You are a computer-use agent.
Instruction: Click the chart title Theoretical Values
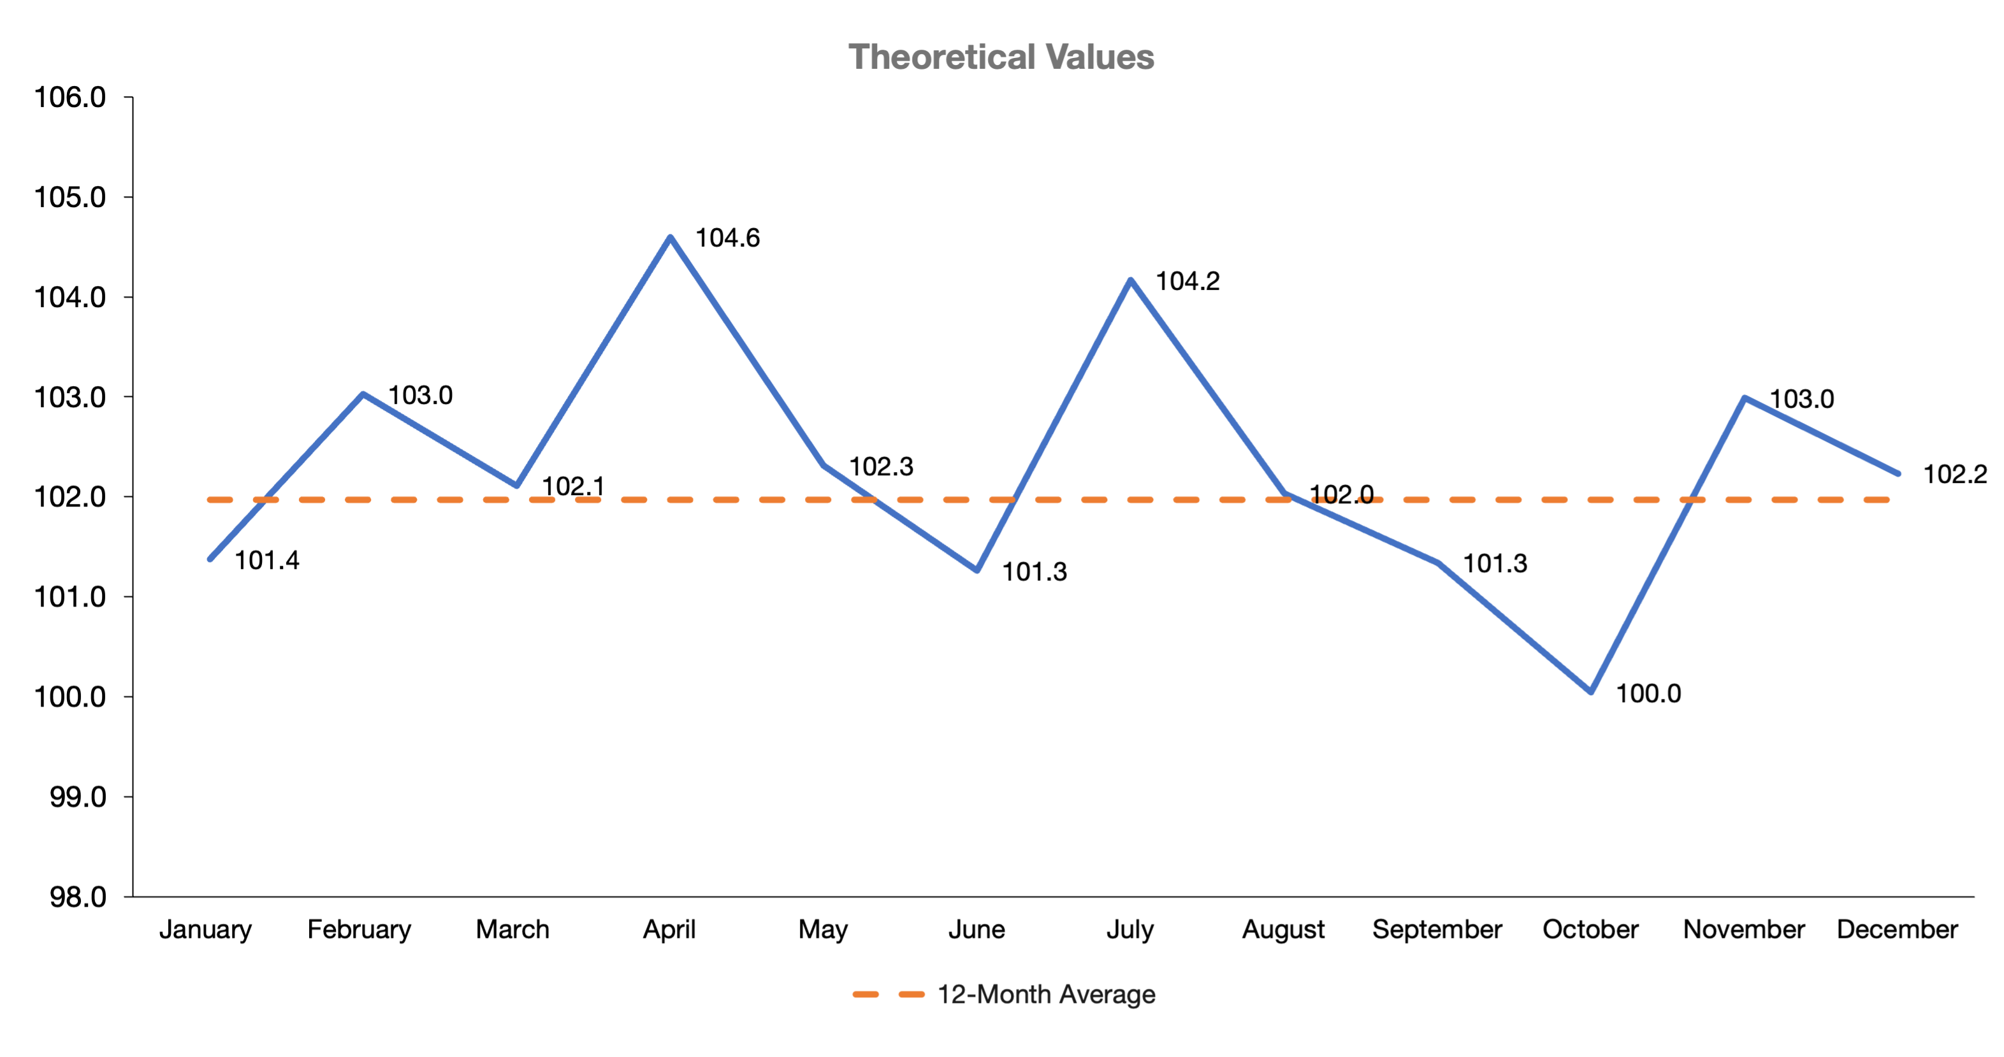pos(1001,57)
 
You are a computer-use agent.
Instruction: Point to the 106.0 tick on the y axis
pos(70,97)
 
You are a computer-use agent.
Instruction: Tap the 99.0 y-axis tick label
pos(78,797)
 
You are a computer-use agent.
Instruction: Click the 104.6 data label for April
pos(727,238)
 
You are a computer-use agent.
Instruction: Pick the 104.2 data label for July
pos(1187,281)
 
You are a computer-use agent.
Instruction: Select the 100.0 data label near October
pos(1648,693)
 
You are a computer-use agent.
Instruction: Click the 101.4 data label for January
pos(267,560)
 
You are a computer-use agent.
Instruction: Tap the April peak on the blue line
pos(671,236)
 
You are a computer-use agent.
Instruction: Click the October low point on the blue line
pos(1591,691)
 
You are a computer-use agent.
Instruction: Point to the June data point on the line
pos(977,570)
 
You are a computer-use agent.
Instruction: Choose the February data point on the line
pos(363,394)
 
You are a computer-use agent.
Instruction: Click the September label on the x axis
pos(1437,930)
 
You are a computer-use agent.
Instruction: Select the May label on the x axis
pos(822,930)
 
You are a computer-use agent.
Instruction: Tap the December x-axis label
pos(1897,930)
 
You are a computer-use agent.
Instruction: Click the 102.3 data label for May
pos(881,466)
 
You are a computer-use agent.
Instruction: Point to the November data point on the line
pos(1745,398)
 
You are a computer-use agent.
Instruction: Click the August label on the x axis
pos(1283,930)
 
